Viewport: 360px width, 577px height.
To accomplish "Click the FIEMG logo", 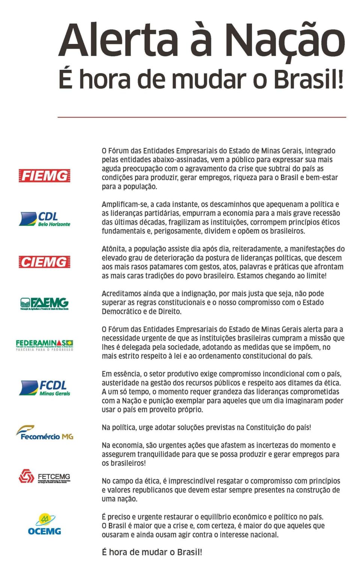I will tap(44, 176).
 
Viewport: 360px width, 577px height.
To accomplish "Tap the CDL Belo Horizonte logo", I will tap(45, 219).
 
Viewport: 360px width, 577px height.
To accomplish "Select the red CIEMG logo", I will tap(44, 262).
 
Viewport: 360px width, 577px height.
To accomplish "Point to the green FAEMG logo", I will tap(44, 304).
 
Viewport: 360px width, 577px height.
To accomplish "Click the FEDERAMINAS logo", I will tap(44, 345).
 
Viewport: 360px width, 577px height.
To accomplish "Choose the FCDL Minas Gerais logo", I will tap(45, 388).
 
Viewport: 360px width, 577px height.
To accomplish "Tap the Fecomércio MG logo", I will tap(45, 433).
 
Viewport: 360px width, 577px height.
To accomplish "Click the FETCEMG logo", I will tap(44, 477).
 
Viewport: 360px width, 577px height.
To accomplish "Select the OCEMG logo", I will tap(44, 525).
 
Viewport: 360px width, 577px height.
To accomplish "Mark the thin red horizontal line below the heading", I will tap(202, 117).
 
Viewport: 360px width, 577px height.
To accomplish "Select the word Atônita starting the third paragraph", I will tap(114, 249).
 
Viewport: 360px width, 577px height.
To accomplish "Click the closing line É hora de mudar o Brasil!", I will tap(152, 552).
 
